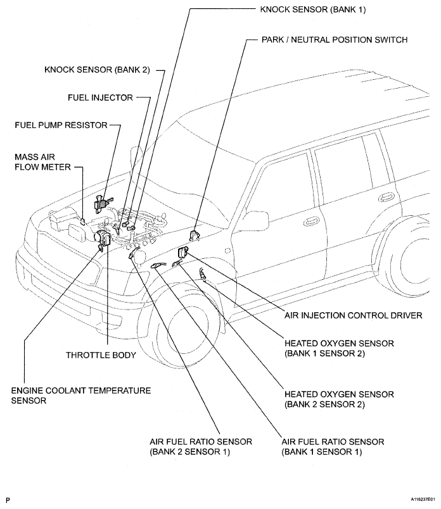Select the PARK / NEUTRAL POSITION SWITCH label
click(334, 39)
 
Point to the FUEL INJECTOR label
click(100, 97)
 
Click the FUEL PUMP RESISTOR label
click(61, 125)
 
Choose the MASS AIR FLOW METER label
click(39, 161)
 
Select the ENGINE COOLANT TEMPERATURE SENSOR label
click(80, 396)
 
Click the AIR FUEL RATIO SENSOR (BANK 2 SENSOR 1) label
click(201, 446)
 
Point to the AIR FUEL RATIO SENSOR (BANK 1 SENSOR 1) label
click(332, 446)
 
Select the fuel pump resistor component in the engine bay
click(101, 203)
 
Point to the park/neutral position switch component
click(195, 234)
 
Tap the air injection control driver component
click(182, 251)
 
